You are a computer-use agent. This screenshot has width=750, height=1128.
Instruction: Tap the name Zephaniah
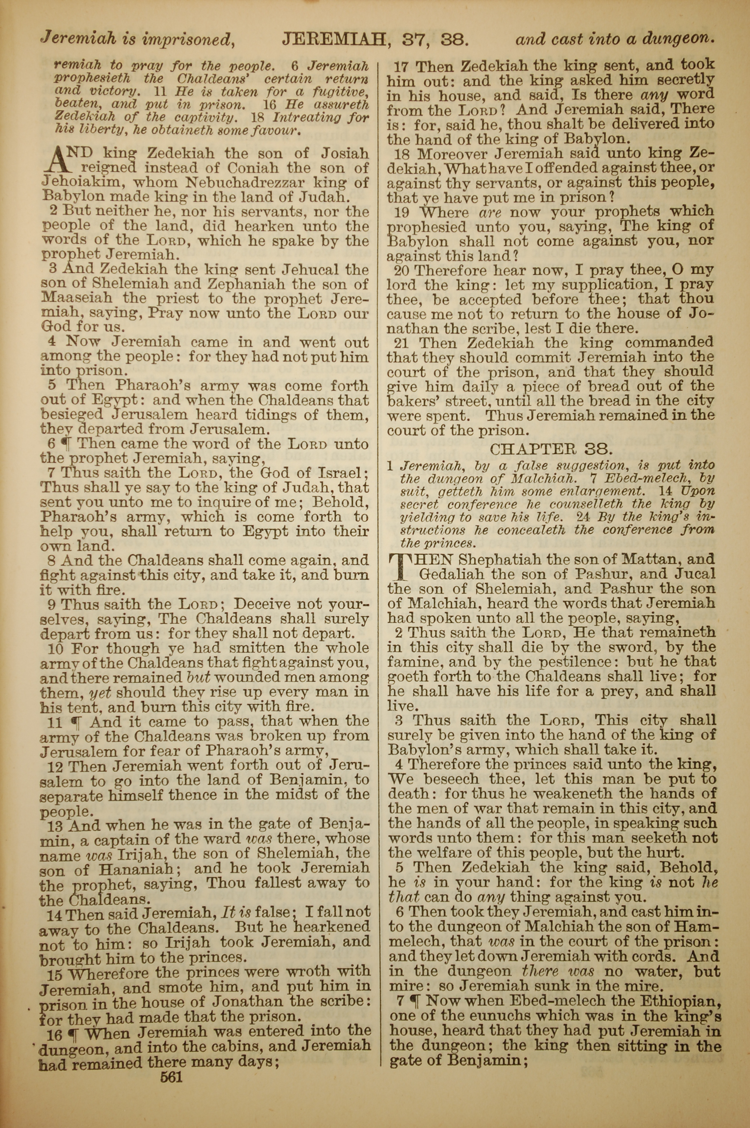pyautogui.click(x=246, y=284)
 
